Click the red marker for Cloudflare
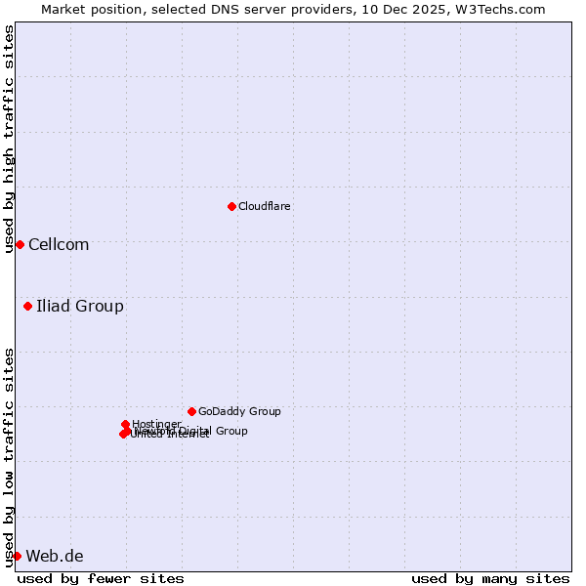231,206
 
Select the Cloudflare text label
264,206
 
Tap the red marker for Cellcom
20,244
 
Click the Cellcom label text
59,244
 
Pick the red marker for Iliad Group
27,307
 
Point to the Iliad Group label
80,307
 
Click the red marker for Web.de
17,556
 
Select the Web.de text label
55,556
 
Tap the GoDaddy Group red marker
191,411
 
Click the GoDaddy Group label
239,411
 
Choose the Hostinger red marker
125,424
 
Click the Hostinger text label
156,424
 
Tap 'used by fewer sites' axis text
101,578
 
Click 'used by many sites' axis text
490,578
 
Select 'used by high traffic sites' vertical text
9,139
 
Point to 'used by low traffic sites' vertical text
9,456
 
